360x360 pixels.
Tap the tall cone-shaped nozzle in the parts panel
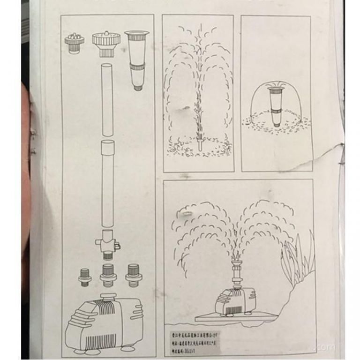tap(136, 59)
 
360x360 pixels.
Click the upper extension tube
tap(108, 100)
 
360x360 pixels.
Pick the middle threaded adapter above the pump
tap(108, 274)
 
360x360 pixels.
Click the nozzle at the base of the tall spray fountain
tap(200, 141)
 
